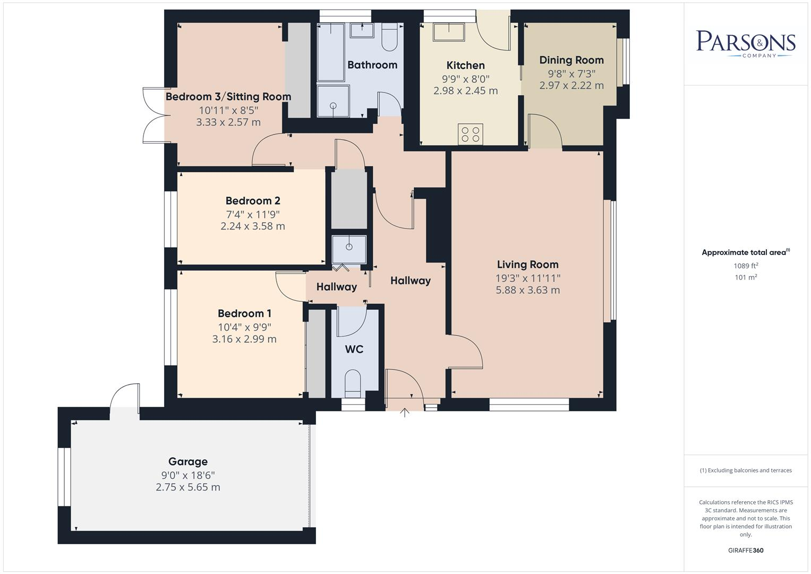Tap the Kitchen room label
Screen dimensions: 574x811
click(x=465, y=65)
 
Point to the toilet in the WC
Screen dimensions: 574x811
click(x=353, y=384)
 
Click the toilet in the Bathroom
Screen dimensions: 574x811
click(x=389, y=37)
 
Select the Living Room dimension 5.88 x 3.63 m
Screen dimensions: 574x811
click(x=527, y=290)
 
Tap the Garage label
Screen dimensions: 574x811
click(x=188, y=461)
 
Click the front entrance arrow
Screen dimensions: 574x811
click(x=405, y=412)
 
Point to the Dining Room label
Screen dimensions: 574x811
click(x=571, y=60)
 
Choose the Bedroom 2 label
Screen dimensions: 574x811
click(x=253, y=201)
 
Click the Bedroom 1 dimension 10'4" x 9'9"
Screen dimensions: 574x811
click(x=244, y=327)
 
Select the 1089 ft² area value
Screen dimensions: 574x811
click(x=746, y=266)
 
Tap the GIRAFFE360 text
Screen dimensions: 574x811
click(x=746, y=550)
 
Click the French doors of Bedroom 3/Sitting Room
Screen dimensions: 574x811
click(x=154, y=116)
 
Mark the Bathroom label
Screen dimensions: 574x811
click(x=372, y=65)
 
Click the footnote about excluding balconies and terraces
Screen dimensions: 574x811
click(x=746, y=470)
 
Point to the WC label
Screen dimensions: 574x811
click(x=354, y=349)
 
